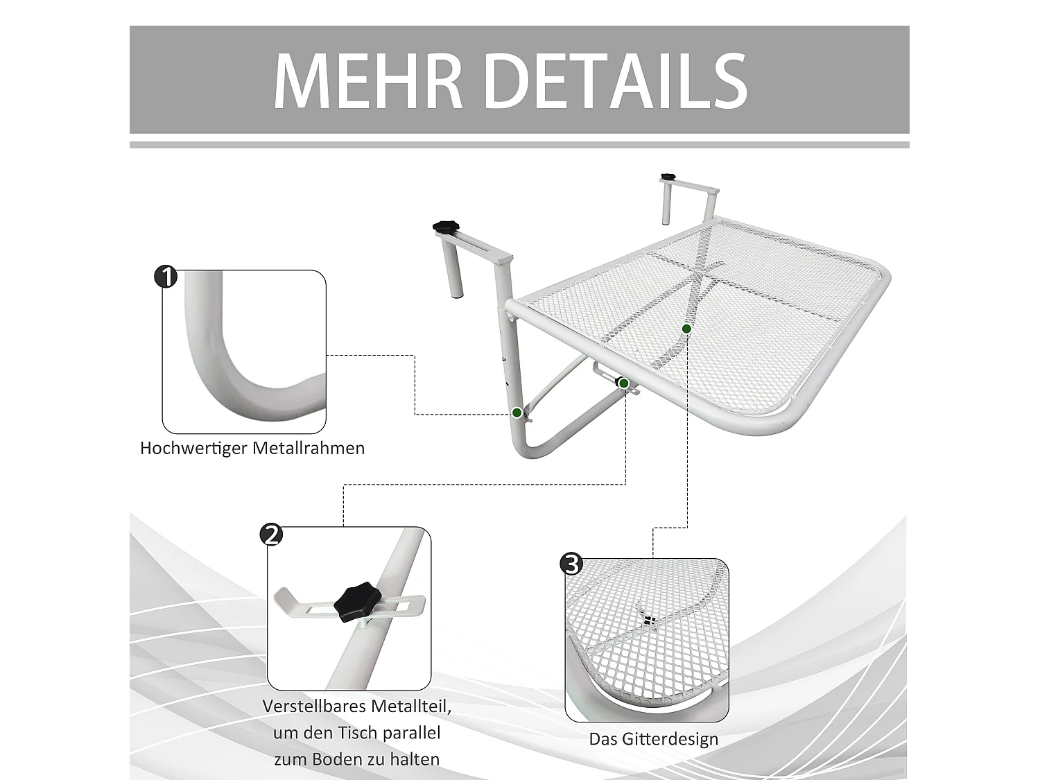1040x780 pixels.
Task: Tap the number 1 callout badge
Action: point(166,277)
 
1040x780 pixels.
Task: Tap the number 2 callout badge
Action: point(271,535)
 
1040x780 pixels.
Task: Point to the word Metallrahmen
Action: point(309,448)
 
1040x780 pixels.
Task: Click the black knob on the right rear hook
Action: point(668,177)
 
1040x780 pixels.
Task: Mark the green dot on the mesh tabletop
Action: point(686,329)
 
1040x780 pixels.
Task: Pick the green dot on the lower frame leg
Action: point(517,413)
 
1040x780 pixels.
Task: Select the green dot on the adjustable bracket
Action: point(623,383)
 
